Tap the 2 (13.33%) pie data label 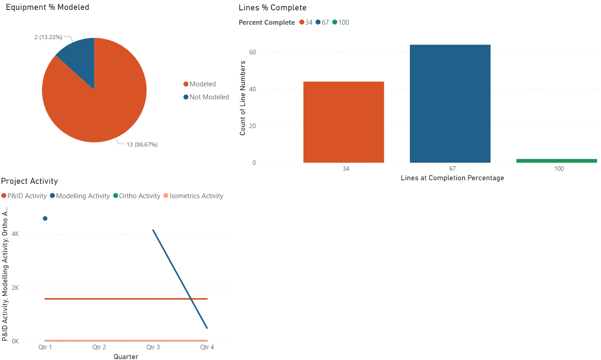[x=48, y=37]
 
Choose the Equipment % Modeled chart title [x=47, y=7]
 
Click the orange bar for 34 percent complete [x=343, y=122]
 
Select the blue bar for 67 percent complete [x=450, y=103]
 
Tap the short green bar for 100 [x=556, y=160]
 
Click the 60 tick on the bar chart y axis [x=252, y=52]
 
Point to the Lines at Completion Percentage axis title [x=452, y=178]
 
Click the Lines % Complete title [x=272, y=8]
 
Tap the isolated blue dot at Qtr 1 [x=45, y=218]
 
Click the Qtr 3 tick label [x=153, y=347]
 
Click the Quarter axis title [x=126, y=357]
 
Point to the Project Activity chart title [x=30, y=181]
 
